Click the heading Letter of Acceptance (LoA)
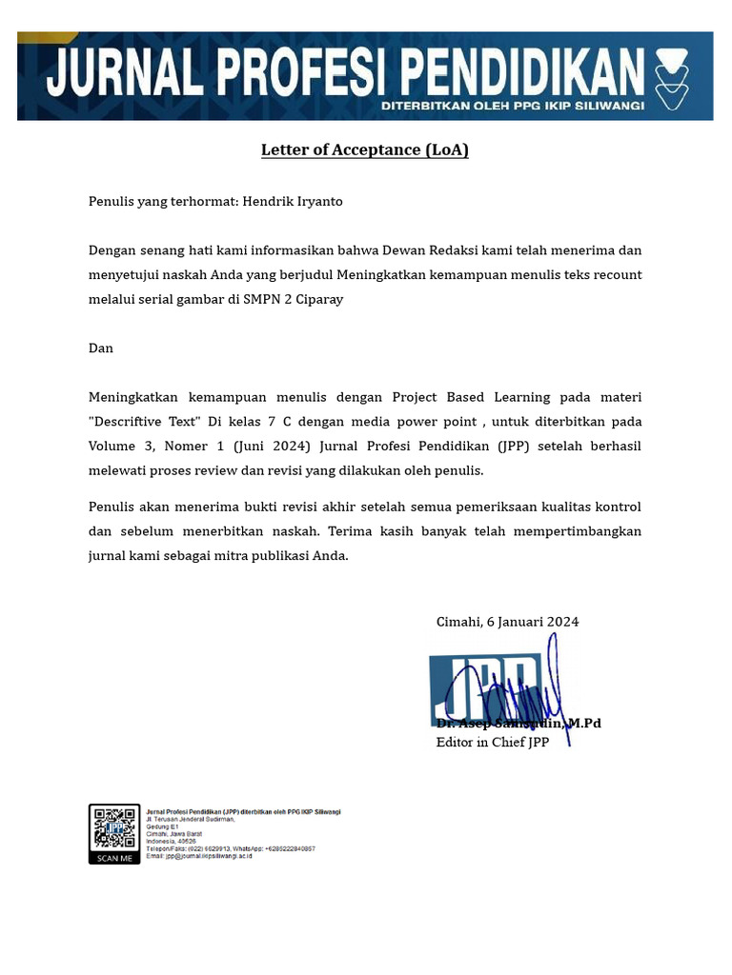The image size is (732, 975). pyautogui.click(x=365, y=150)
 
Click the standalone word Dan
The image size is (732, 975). pyautogui.click(x=101, y=348)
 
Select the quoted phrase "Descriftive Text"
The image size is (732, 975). pyautogui.click(x=144, y=421)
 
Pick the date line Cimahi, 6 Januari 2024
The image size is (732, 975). pyautogui.click(x=507, y=622)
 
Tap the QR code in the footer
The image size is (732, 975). pyautogui.click(x=114, y=828)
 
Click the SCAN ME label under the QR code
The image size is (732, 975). pyautogui.click(x=114, y=858)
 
